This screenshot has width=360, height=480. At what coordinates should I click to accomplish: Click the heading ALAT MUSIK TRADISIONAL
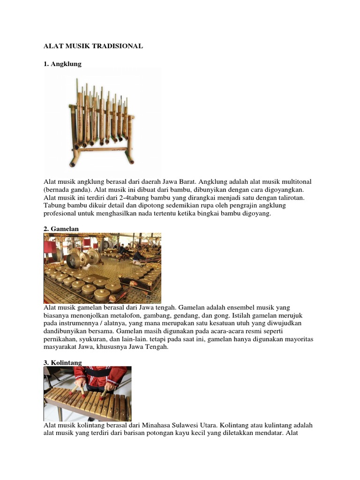(x=93, y=46)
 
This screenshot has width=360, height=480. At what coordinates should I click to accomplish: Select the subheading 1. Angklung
(x=62, y=64)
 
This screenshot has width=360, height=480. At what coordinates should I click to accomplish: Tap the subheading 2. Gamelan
(x=61, y=229)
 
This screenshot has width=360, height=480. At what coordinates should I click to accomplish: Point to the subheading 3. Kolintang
(x=63, y=362)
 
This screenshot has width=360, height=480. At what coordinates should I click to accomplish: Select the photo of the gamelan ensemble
(x=102, y=268)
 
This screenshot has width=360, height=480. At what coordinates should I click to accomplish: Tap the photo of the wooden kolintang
(x=87, y=394)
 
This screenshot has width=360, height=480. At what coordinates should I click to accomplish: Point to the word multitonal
(x=296, y=181)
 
